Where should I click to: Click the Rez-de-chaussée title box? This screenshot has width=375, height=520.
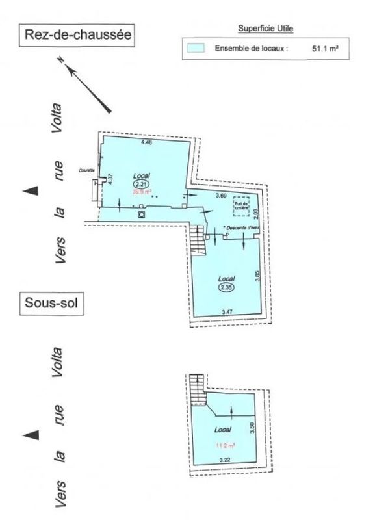[x=77, y=36]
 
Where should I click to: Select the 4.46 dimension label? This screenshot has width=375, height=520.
[x=148, y=141]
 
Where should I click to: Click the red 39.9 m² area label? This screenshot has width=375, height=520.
[x=142, y=192]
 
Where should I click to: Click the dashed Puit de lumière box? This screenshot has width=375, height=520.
[x=242, y=204]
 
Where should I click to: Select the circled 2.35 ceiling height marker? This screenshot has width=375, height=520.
[x=226, y=287]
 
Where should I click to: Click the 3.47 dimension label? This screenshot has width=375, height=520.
[x=227, y=313]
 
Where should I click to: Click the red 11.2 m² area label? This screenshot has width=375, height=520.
[x=226, y=445]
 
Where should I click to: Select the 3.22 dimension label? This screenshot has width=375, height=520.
[x=225, y=461]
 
